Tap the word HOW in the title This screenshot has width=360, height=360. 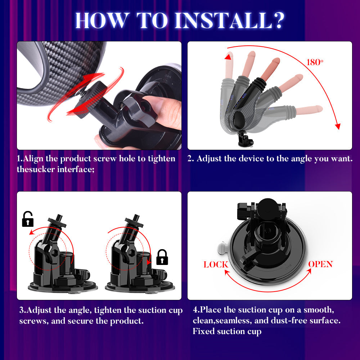pos(98,21)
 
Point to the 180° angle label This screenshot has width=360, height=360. pos(315,62)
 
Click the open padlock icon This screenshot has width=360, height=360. pos(28,219)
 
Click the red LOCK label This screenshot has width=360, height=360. pos(216,265)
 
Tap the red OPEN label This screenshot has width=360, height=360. pos(320,264)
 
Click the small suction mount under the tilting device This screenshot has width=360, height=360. pos(246,140)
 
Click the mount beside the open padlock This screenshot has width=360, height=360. pos(59,259)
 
